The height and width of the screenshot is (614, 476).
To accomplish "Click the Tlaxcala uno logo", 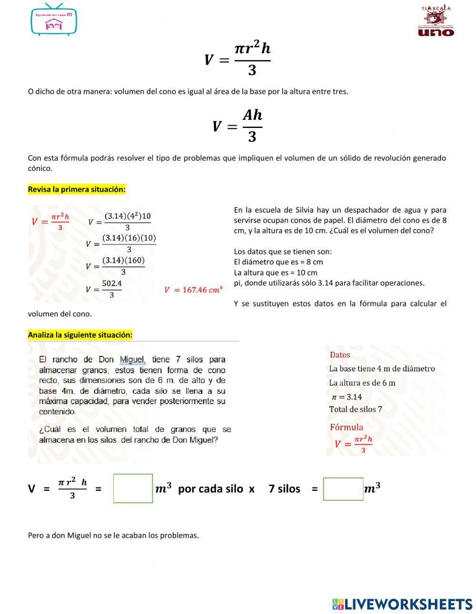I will [x=436, y=21].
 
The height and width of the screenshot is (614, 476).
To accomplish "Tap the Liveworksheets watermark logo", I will [x=402, y=604].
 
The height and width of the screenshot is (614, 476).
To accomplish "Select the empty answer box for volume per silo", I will [x=133, y=488].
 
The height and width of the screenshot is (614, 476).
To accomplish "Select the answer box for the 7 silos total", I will [x=343, y=489].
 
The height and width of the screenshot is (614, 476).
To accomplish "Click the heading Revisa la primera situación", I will [x=77, y=189].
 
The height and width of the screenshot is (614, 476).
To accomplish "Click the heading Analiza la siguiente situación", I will [x=80, y=335].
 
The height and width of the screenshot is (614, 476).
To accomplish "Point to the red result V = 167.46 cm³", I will [x=193, y=290].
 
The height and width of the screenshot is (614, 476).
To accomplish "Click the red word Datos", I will [x=340, y=355].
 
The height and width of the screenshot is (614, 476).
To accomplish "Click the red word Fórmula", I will [x=346, y=427].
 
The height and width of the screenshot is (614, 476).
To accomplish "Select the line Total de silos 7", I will [x=356, y=409].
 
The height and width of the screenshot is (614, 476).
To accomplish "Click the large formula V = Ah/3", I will [x=238, y=126].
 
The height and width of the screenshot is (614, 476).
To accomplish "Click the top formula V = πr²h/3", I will [x=238, y=59].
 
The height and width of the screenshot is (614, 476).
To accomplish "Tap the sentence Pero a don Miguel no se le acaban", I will [x=113, y=535].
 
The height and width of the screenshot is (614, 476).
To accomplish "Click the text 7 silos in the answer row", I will [x=284, y=489].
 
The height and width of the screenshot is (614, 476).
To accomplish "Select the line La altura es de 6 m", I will [x=362, y=383].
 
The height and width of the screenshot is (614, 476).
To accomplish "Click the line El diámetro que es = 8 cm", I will [x=278, y=262].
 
